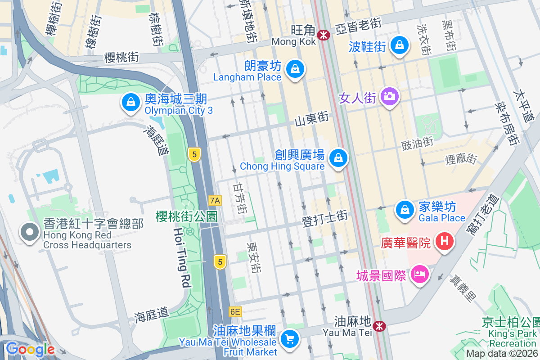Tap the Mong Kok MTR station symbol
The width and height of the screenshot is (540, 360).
tap(323, 35)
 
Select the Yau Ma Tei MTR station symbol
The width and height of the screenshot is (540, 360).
tap(380, 325)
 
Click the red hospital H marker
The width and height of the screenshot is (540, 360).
tap(445, 241)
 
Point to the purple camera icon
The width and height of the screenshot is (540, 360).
tap(389, 96)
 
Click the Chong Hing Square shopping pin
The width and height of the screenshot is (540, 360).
tap(338, 158)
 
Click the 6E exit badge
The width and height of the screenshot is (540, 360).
tap(235, 311)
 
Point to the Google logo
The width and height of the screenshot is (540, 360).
tap(30, 349)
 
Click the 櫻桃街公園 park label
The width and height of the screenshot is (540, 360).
tap(187, 216)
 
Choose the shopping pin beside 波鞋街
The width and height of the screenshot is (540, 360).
tap(399, 45)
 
